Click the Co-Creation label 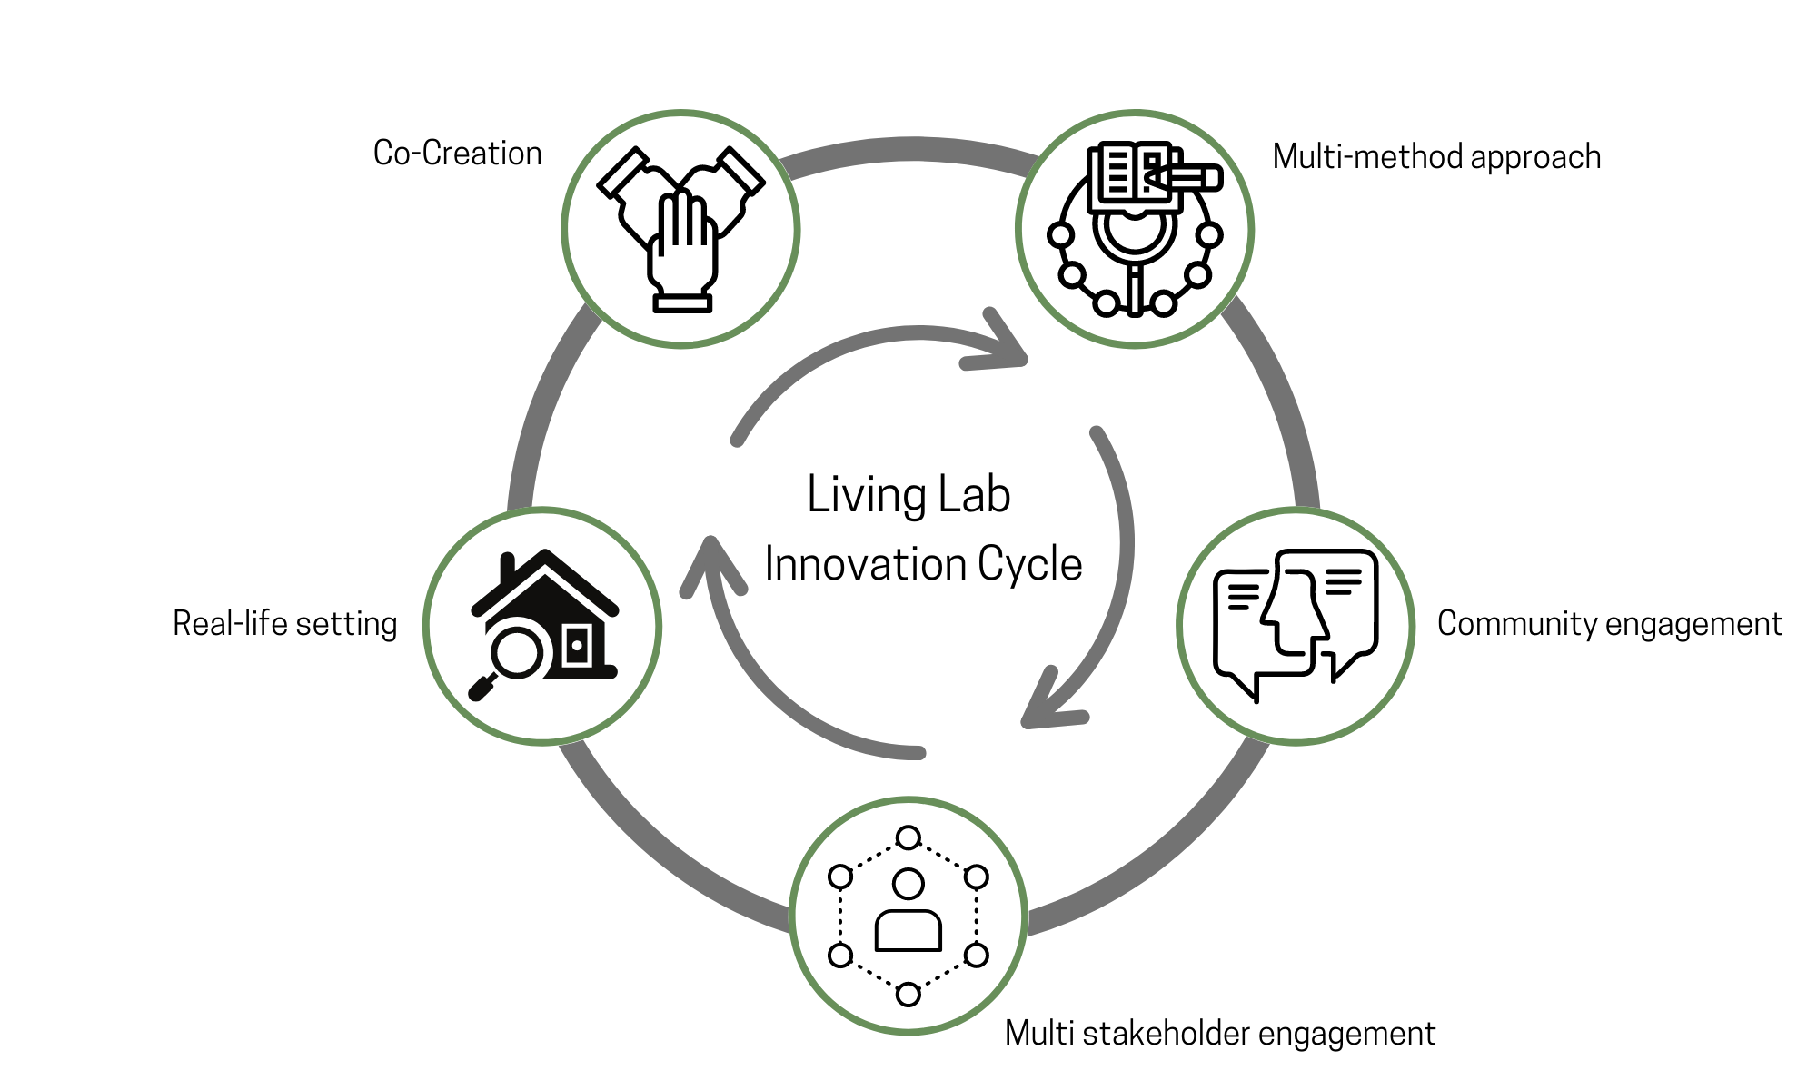pyautogui.click(x=457, y=154)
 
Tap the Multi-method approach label pyautogui.click(x=1436, y=157)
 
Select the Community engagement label pyautogui.click(x=1609, y=624)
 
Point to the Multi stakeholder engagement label pyautogui.click(x=1220, y=1034)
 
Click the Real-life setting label pyautogui.click(x=285, y=624)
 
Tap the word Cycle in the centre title pyautogui.click(x=1029, y=564)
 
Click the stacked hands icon pyautogui.click(x=681, y=229)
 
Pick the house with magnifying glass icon pyautogui.click(x=543, y=625)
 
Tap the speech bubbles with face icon pyautogui.click(x=1296, y=625)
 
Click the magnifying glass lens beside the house pyautogui.click(x=516, y=651)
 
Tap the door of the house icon pyautogui.click(x=577, y=646)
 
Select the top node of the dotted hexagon pyautogui.click(x=908, y=837)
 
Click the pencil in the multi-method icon pyautogui.click(x=1186, y=177)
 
